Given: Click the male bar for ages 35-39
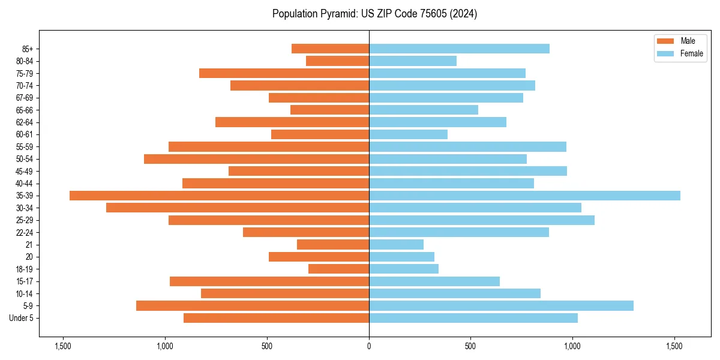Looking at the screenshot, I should coord(219,196).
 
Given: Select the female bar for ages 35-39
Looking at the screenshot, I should coord(524,196).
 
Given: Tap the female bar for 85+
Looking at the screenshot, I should coord(459,49).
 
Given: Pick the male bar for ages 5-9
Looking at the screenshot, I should coord(253,305).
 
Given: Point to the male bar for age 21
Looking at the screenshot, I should coord(333,245).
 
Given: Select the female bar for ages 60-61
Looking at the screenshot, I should coord(408,134).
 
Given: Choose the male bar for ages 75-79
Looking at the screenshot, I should coord(284,73).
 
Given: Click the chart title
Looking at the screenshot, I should coord(374,14).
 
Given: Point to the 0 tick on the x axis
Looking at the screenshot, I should coord(369,346).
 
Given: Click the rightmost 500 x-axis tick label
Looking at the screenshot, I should coord(471,346).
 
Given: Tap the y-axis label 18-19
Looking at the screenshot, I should coord(25,269).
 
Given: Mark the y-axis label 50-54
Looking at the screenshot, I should coord(25,159).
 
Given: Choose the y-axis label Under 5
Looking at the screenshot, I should coord(22,318).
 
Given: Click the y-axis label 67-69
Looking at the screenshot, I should coord(25,98).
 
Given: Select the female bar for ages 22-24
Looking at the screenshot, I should coord(459,232).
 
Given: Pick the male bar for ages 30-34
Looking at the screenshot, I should coord(238,208).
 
